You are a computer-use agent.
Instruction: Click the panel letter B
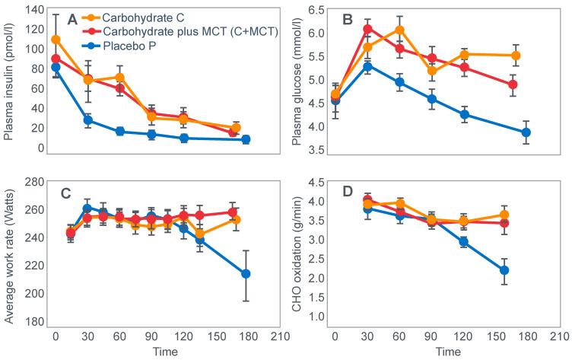point(348,21)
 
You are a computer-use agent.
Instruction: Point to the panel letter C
point(65,193)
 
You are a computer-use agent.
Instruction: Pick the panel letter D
point(348,193)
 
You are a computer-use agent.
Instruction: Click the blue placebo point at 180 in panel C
point(246,274)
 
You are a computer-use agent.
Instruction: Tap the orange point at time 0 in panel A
point(56,40)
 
